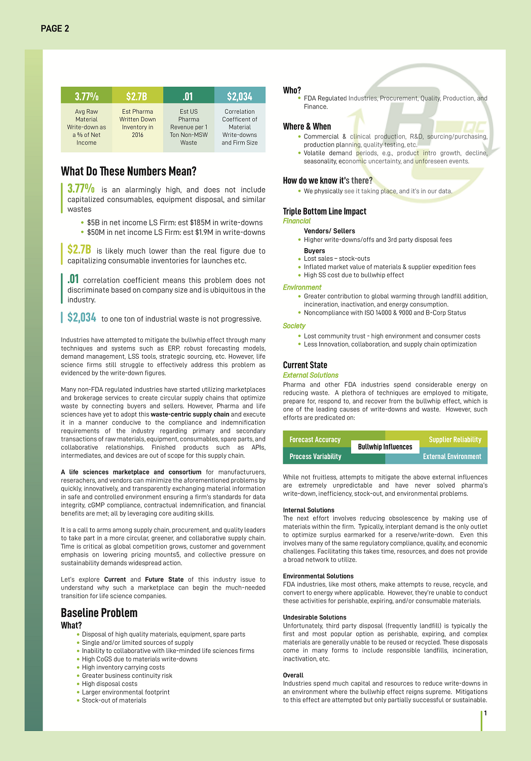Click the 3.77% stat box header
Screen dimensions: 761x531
click(x=87, y=96)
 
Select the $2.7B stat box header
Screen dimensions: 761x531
click(x=137, y=96)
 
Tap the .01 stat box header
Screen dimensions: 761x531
click(x=188, y=96)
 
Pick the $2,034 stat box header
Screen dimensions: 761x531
click(x=240, y=96)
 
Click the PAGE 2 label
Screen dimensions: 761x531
click(x=55, y=28)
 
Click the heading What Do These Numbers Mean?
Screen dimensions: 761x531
click(x=129, y=171)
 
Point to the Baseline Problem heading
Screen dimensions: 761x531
click(x=99, y=613)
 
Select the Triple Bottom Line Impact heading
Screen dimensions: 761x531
click(x=324, y=212)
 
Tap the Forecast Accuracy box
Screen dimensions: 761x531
click(x=315, y=440)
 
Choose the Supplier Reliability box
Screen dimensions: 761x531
click(x=454, y=440)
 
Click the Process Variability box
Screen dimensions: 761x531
click(x=315, y=457)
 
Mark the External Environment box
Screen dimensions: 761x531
click(x=452, y=457)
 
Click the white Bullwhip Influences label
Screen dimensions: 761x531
click(x=385, y=447)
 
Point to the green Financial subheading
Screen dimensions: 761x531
click(x=297, y=221)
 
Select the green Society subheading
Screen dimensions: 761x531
click(x=294, y=326)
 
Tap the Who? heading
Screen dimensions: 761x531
click(x=292, y=90)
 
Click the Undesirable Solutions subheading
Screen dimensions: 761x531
click(x=315, y=617)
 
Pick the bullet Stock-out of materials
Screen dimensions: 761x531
click(x=114, y=701)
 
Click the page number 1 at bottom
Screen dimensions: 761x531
click(x=485, y=713)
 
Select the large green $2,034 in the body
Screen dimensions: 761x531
click(x=82, y=318)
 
